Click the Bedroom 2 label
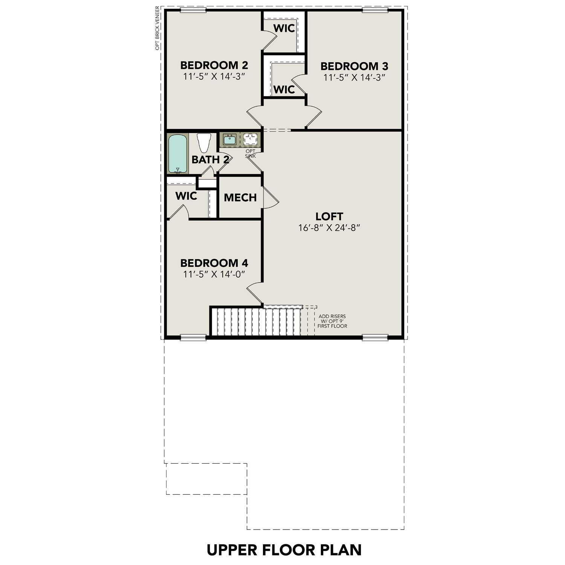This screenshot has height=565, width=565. [x=214, y=65]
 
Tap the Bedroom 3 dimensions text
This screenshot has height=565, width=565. [x=354, y=78]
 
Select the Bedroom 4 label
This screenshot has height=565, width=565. [x=214, y=263]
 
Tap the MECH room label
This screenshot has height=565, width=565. [x=240, y=197]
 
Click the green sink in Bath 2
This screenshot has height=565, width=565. [x=229, y=140]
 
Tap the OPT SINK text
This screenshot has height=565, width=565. [x=250, y=153]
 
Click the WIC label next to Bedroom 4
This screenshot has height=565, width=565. [x=186, y=196]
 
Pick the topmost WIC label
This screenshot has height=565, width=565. [x=284, y=28]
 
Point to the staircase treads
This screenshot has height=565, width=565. [x=256, y=321]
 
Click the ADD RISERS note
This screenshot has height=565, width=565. [x=332, y=321]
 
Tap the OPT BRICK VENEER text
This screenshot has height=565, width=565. [x=157, y=28]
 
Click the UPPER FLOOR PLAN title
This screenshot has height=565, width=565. [x=284, y=550]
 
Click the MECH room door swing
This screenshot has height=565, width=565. [x=270, y=197]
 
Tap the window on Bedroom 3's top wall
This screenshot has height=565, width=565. [x=375, y=10]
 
